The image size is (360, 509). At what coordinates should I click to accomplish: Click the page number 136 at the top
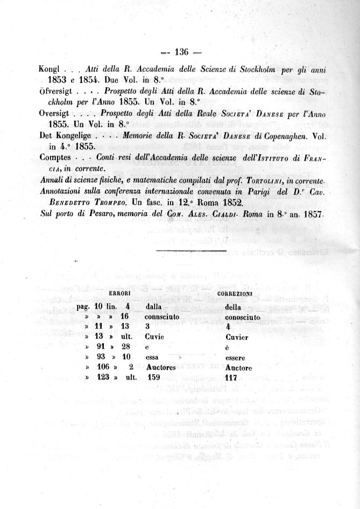[x=180, y=52]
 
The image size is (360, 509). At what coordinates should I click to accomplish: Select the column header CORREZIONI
[x=234, y=294]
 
